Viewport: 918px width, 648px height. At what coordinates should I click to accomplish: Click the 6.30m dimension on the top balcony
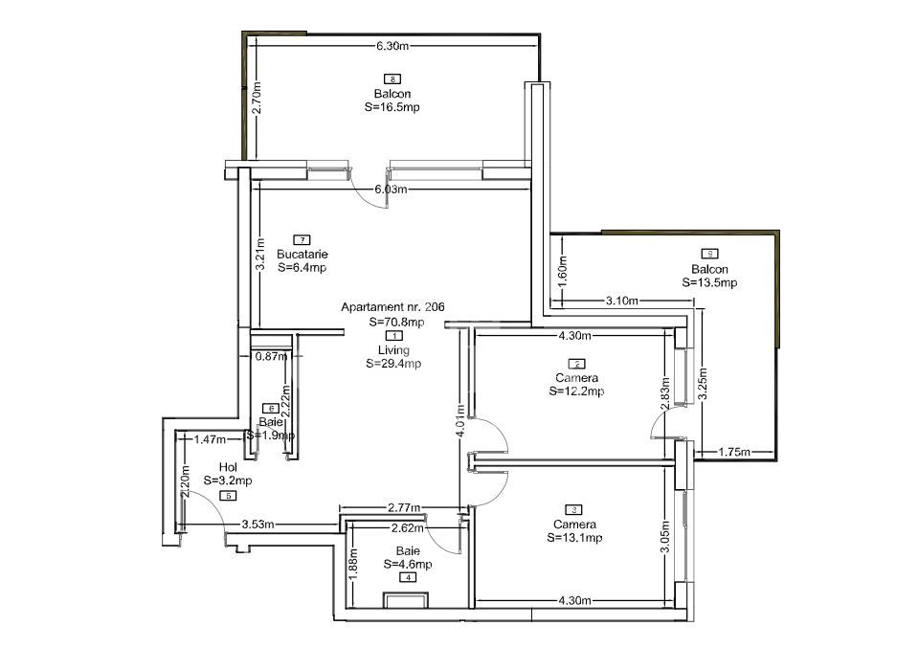[x=392, y=46]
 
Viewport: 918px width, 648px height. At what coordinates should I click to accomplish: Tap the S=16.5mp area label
[x=392, y=108]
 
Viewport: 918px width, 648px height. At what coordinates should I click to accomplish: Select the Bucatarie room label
[x=302, y=255]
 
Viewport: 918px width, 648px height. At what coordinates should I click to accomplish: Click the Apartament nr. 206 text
[x=392, y=307]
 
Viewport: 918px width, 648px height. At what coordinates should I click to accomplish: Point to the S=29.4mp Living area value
[x=392, y=364]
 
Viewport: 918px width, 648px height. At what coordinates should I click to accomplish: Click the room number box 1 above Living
[x=392, y=336]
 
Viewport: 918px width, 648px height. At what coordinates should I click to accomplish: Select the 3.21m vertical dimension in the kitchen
[x=259, y=258]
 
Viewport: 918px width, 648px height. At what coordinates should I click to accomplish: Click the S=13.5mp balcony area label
[x=709, y=283]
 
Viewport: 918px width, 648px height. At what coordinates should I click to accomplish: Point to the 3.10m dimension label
[x=622, y=302]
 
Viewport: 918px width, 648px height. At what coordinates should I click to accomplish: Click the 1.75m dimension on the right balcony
[x=733, y=452]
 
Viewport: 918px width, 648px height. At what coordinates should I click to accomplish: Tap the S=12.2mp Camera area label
[x=576, y=391]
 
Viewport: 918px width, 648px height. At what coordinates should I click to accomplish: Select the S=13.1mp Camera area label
[x=575, y=538]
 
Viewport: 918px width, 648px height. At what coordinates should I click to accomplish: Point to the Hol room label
[x=228, y=467]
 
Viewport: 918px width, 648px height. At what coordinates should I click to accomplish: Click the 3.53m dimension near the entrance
[x=258, y=525]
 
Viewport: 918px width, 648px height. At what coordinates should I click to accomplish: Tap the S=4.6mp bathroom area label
[x=408, y=565]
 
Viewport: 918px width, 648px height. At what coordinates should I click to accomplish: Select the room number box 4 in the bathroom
[x=409, y=578]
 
